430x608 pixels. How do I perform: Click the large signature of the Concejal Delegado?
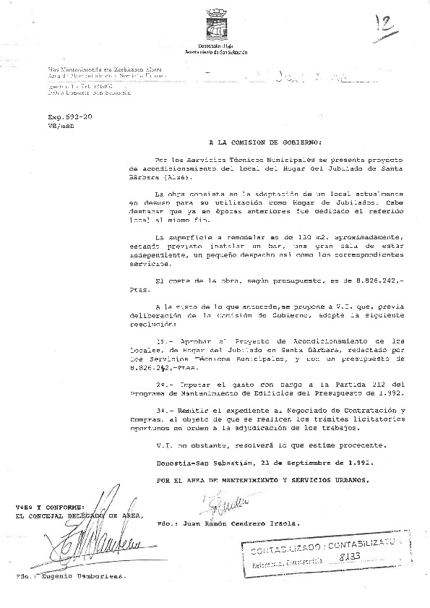tap(94, 539)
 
